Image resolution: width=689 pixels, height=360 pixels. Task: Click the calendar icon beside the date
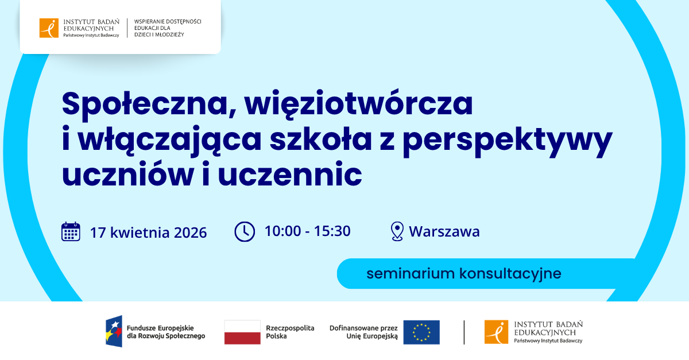(x=71, y=231)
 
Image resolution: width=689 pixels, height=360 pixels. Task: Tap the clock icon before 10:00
(x=245, y=231)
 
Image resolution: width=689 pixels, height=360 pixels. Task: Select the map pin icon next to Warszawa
(x=397, y=231)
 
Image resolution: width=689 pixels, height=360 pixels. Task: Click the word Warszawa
(x=444, y=232)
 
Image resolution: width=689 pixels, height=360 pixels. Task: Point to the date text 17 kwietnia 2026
(x=148, y=233)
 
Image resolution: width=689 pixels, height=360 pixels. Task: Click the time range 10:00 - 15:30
(x=307, y=231)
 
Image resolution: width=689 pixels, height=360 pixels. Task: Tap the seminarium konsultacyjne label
(x=464, y=273)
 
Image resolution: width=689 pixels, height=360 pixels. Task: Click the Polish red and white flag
(x=242, y=332)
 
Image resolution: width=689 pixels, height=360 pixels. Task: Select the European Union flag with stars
(x=421, y=332)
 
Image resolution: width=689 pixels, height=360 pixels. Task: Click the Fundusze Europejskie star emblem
(x=114, y=332)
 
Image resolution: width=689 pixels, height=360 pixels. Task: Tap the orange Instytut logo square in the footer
(x=496, y=332)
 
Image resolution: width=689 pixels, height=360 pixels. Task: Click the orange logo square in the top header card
(x=49, y=28)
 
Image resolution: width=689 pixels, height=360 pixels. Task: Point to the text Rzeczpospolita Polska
(x=290, y=332)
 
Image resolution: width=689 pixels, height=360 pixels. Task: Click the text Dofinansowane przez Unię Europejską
(x=363, y=332)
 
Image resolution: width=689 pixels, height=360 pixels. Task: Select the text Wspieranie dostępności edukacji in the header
(x=167, y=28)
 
